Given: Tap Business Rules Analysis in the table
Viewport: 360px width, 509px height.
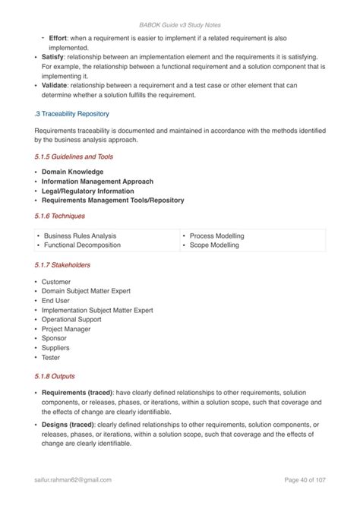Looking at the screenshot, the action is (x=80, y=236).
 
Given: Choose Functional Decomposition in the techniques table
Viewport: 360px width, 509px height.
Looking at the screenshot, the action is (x=81, y=245).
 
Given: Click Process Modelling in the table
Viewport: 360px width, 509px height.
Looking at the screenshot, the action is (x=217, y=236).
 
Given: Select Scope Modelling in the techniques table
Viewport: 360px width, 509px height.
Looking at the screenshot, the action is (x=215, y=245).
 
